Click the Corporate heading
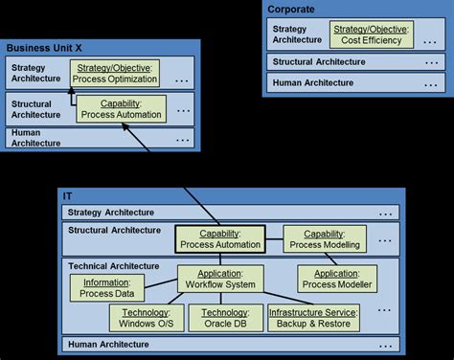(291, 9)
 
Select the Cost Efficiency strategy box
(370, 36)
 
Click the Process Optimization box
(115, 73)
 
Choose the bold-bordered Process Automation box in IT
(221, 238)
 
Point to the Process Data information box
(107, 288)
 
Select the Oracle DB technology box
(224, 319)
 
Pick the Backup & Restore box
(313, 319)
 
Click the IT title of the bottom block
(68, 195)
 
